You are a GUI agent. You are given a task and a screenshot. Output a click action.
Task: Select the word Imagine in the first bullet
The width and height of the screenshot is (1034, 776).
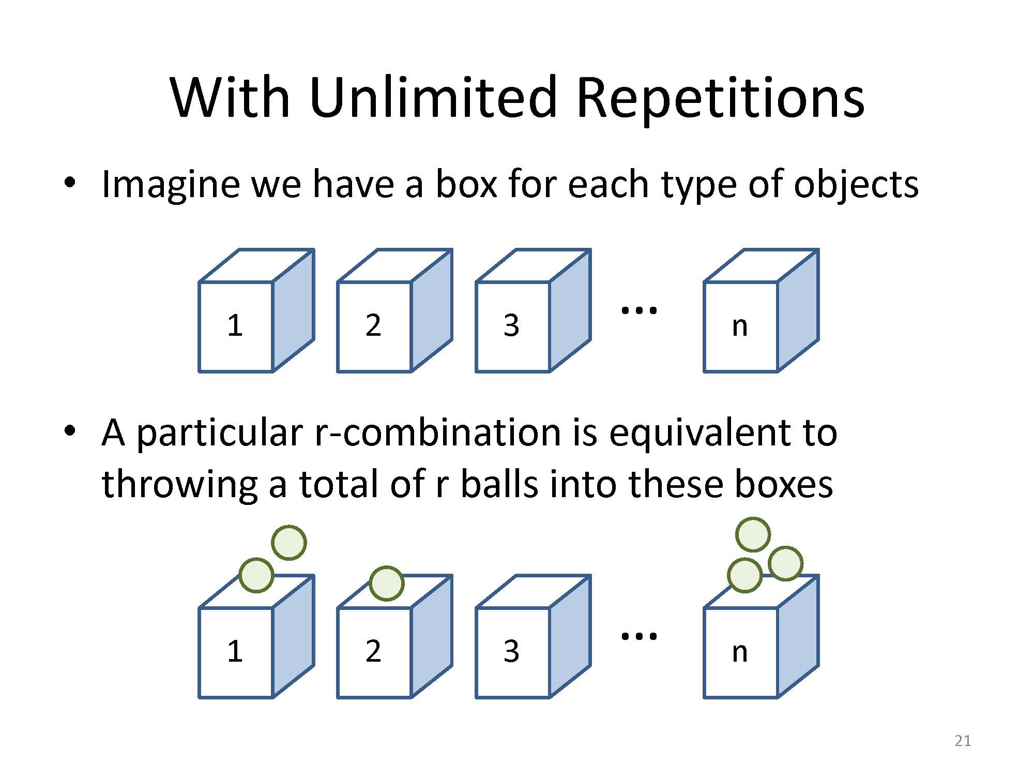171,185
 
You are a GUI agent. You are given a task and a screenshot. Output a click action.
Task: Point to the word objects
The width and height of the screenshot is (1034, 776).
856,185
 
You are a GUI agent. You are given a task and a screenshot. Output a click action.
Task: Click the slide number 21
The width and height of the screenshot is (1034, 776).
963,741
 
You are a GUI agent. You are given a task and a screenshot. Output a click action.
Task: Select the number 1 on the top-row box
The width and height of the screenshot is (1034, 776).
235,325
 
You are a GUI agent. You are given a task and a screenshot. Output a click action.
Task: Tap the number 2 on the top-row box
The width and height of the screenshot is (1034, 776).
373,325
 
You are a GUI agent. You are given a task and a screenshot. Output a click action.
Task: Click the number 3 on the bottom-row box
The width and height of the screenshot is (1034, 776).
511,651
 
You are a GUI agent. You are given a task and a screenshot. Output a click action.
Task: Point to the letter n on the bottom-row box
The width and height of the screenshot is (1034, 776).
740,651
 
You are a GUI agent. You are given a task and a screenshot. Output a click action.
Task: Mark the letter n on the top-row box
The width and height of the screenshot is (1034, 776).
740,326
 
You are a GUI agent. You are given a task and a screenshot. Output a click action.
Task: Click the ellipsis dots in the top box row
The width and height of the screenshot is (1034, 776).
639,310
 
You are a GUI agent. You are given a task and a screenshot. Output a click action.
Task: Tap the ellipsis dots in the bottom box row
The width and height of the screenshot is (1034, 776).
639,636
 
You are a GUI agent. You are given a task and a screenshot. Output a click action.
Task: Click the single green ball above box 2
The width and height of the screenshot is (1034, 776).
387,583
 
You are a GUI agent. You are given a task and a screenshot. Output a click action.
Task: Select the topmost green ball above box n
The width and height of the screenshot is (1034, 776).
753,534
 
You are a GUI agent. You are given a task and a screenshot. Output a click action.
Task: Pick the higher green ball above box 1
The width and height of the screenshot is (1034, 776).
289,543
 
